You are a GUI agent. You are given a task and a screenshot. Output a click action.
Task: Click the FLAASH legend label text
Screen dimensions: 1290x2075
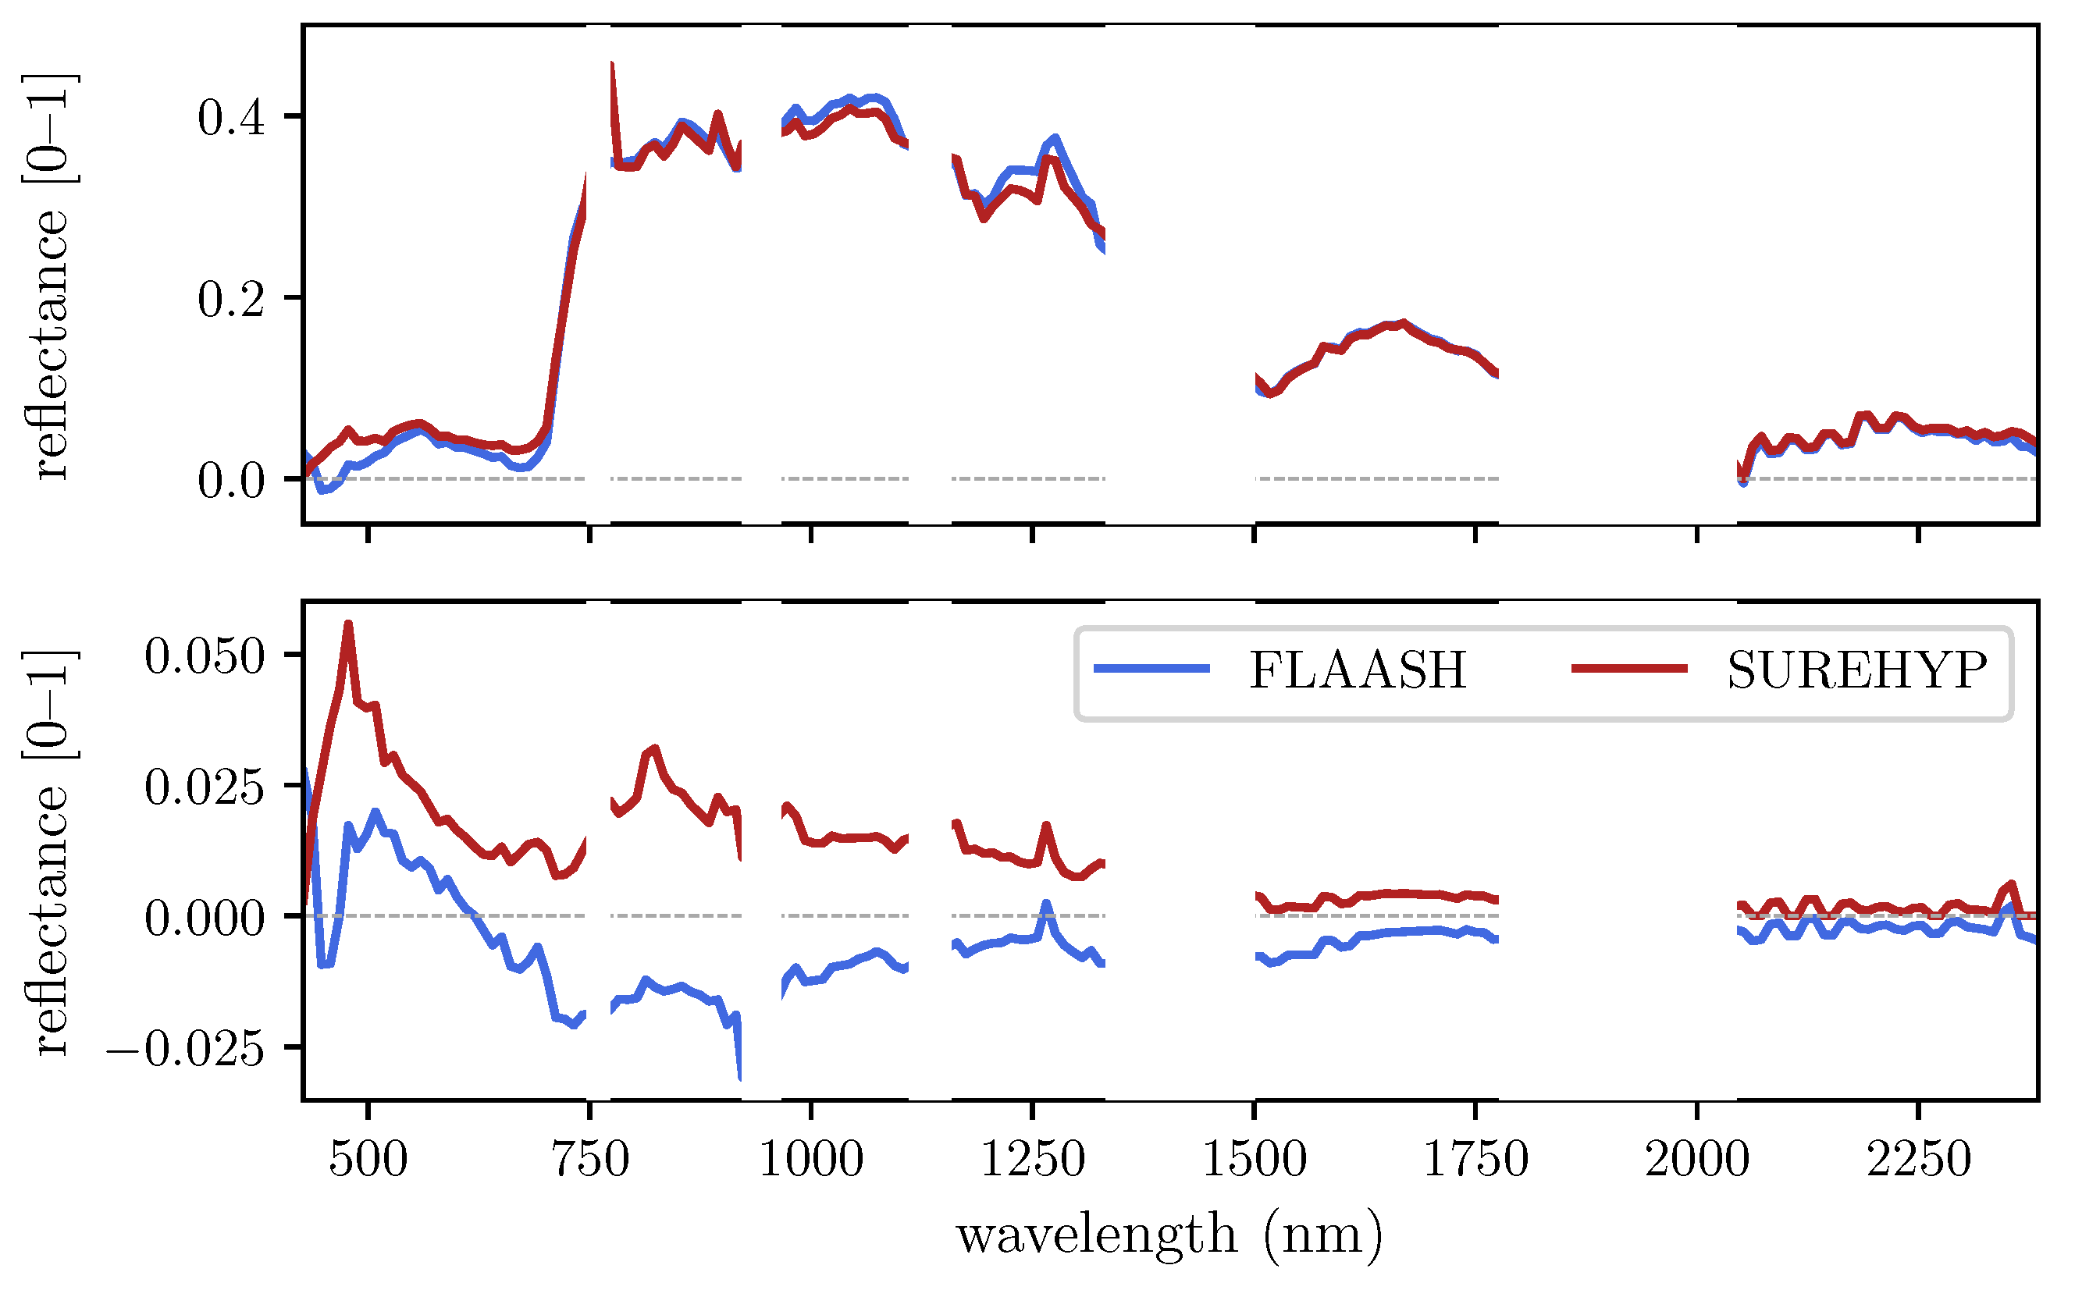tap(1358, 670)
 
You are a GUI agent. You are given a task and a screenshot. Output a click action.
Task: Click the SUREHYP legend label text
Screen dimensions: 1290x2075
tap(1856, 670)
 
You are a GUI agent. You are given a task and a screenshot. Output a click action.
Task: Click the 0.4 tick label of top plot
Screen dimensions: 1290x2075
tap(231, 117)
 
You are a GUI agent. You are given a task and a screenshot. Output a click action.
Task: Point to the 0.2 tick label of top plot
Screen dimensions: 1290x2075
tap(231, 300)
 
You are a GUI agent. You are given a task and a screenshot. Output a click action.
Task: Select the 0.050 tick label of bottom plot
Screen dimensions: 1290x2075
tap(205, 657)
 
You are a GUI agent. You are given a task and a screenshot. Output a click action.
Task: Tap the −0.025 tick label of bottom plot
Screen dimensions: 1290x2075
tap(185, 1050)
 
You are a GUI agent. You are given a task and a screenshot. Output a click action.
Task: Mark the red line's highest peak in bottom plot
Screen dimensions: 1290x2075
tap(348, 624)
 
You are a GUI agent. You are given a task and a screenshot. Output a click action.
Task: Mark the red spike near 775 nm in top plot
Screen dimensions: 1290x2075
tap(613, 65)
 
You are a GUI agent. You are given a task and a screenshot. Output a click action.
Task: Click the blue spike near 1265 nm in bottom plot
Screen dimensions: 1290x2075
tap(1046, 904)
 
